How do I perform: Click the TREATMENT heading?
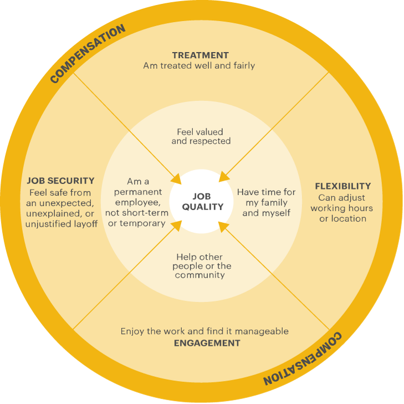(x=200, y=55)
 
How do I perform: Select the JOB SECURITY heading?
(x=60, y=181)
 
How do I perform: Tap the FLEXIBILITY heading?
(x=342, y=186)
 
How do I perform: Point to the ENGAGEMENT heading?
(x=207, y=343)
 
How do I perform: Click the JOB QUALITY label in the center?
(x=202, y=202)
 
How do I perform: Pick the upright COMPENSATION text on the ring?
(x=88, y=54)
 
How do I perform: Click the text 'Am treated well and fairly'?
(x=199, y=65)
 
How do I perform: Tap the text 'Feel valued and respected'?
(x=201, y=136)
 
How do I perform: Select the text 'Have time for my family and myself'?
(x=266, y=202)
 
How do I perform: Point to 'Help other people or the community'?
(x=202, y=266)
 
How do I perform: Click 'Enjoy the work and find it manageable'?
(x=204, y=331)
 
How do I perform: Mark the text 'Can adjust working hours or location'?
(x=341, y=208)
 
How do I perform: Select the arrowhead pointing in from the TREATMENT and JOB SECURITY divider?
(x=177, y=179)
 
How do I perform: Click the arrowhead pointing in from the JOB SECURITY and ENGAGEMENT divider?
(x=176, y=224)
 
